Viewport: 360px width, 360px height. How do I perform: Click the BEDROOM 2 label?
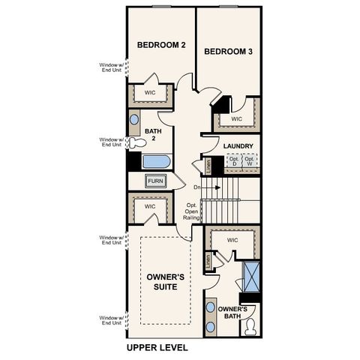(x=160, y=46)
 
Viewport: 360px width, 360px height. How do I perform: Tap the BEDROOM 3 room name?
(x=228, y=52)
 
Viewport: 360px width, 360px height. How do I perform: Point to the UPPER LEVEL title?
(x=157, y=348)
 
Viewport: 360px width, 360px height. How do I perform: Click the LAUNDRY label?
(x=238, y=146)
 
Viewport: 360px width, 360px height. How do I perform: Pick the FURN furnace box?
(x=155, y=181)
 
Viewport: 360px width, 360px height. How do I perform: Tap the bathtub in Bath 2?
(x=156, y=161)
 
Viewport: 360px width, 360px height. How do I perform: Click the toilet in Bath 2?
(x=136, y=143)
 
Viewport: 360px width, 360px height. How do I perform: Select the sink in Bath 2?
(x=134, y=118)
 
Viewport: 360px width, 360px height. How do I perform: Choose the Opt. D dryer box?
(x=232, y=162)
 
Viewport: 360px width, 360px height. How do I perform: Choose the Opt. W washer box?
(x=250, y=162)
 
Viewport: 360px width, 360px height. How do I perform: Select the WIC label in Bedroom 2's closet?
(x=150, y=93)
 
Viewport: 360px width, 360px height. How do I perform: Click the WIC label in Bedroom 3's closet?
(x=237, y=118)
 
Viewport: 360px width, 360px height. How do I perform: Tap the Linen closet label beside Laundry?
(x=208, y=166)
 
